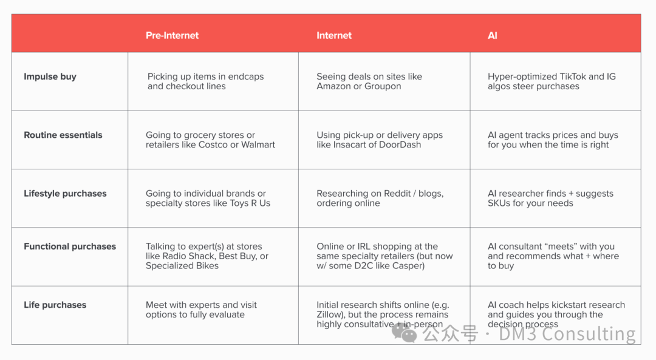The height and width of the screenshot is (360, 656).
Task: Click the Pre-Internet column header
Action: (x=172, y=36)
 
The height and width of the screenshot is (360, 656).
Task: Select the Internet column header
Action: (x=334, y=36)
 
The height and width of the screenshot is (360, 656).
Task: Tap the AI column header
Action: (x=493, y=36)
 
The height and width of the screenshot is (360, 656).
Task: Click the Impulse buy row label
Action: (x=50, y=77)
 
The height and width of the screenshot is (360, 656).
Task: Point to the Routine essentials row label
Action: (x=63, y=135)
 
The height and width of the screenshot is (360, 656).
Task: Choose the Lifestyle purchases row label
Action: (x=65, y=194)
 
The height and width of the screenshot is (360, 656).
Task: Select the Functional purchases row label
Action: (x=69, y=246)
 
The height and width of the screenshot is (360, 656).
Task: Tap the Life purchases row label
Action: (x=55, y=305)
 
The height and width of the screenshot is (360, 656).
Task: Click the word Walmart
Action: (x=258, y=144)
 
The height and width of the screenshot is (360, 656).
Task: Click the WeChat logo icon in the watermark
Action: (x=404, y=333)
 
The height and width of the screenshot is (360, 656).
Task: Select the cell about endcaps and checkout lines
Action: (x=205, y=81)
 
